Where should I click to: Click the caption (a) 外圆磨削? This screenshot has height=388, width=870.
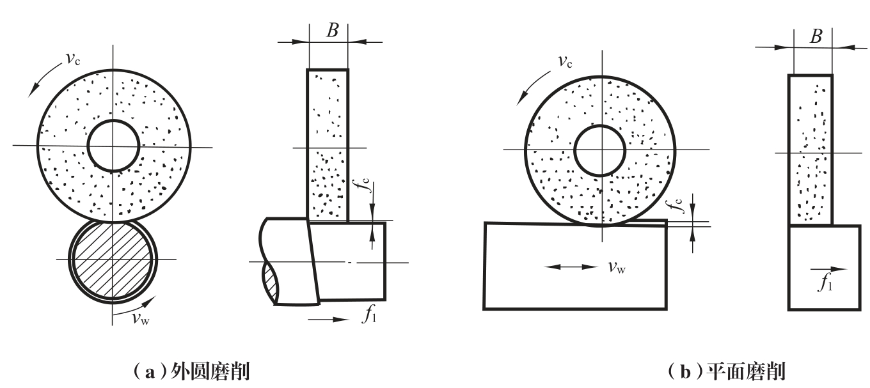(191, 371)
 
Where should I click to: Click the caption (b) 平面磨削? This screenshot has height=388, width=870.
(726, 371)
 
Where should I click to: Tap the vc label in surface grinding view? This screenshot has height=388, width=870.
(565, 61)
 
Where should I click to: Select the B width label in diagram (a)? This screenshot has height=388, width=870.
(332, 30)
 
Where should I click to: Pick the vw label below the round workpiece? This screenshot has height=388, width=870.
(141, 318)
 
